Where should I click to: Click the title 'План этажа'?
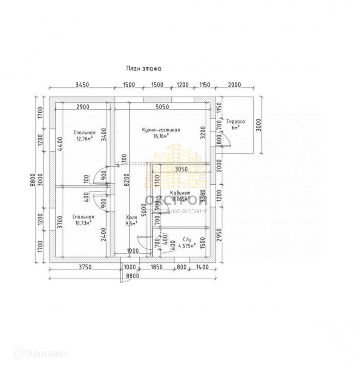pyautogui.click(x=143, y=69)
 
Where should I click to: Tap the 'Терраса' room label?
pyautogui.click(x=235, y=122)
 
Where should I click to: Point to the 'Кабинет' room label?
pyautogui.click(x=180, y=193)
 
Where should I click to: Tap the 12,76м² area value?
pyautogui.click(x=83, y=139)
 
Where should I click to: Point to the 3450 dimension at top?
pyautogui.click(x=82, y=85)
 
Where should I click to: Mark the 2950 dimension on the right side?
pyautogui.click(x=219, y=237)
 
